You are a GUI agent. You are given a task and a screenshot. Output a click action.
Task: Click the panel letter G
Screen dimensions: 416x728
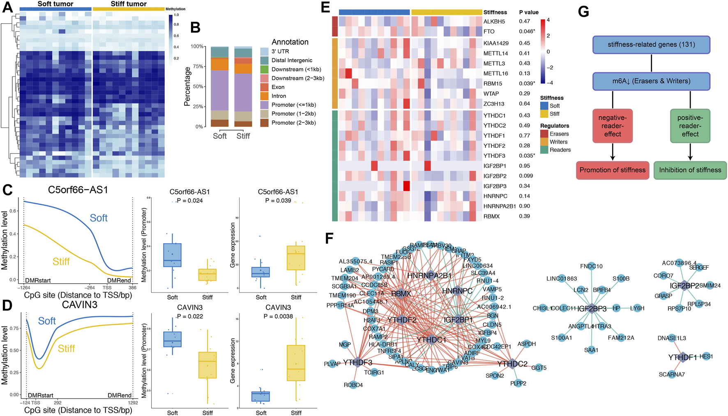[583, 11]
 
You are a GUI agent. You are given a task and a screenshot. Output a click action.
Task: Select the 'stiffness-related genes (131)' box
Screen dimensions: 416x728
[651, 45]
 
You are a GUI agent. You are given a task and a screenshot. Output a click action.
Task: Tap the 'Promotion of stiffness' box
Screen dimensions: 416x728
[612, 170]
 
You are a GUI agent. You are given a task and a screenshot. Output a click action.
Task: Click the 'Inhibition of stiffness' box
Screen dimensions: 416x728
[690, 170]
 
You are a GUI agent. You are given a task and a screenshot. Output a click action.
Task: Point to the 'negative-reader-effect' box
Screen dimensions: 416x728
[612, 126]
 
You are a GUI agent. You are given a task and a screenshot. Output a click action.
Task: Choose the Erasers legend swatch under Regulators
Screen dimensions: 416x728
[544, 134]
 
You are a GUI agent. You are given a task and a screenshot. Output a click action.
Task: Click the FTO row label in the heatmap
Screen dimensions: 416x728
[489, 32]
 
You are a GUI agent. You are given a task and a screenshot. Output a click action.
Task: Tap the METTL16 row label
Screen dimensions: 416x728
[495, 74]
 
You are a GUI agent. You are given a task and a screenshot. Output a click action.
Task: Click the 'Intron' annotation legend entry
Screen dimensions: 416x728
[279, 96]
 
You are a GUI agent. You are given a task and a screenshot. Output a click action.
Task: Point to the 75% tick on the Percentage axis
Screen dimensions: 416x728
[198, 67]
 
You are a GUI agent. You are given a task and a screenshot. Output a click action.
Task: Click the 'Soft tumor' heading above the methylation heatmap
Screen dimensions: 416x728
[55, 4]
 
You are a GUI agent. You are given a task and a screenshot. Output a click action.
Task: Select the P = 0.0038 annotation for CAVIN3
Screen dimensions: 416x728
[278, 317]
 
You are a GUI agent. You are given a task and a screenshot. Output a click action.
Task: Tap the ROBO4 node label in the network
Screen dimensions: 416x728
[353, 385]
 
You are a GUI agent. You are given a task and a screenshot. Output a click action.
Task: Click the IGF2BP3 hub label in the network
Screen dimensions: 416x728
[592, 309]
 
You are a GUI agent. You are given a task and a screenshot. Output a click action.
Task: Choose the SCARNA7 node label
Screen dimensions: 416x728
[672, 375]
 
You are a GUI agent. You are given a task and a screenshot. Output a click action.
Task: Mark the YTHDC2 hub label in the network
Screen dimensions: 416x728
[512, 364]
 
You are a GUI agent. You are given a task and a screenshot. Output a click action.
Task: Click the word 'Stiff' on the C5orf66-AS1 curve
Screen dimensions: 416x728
[61, 262]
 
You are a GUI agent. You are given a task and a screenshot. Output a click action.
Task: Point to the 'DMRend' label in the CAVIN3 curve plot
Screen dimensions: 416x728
[120, 395]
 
